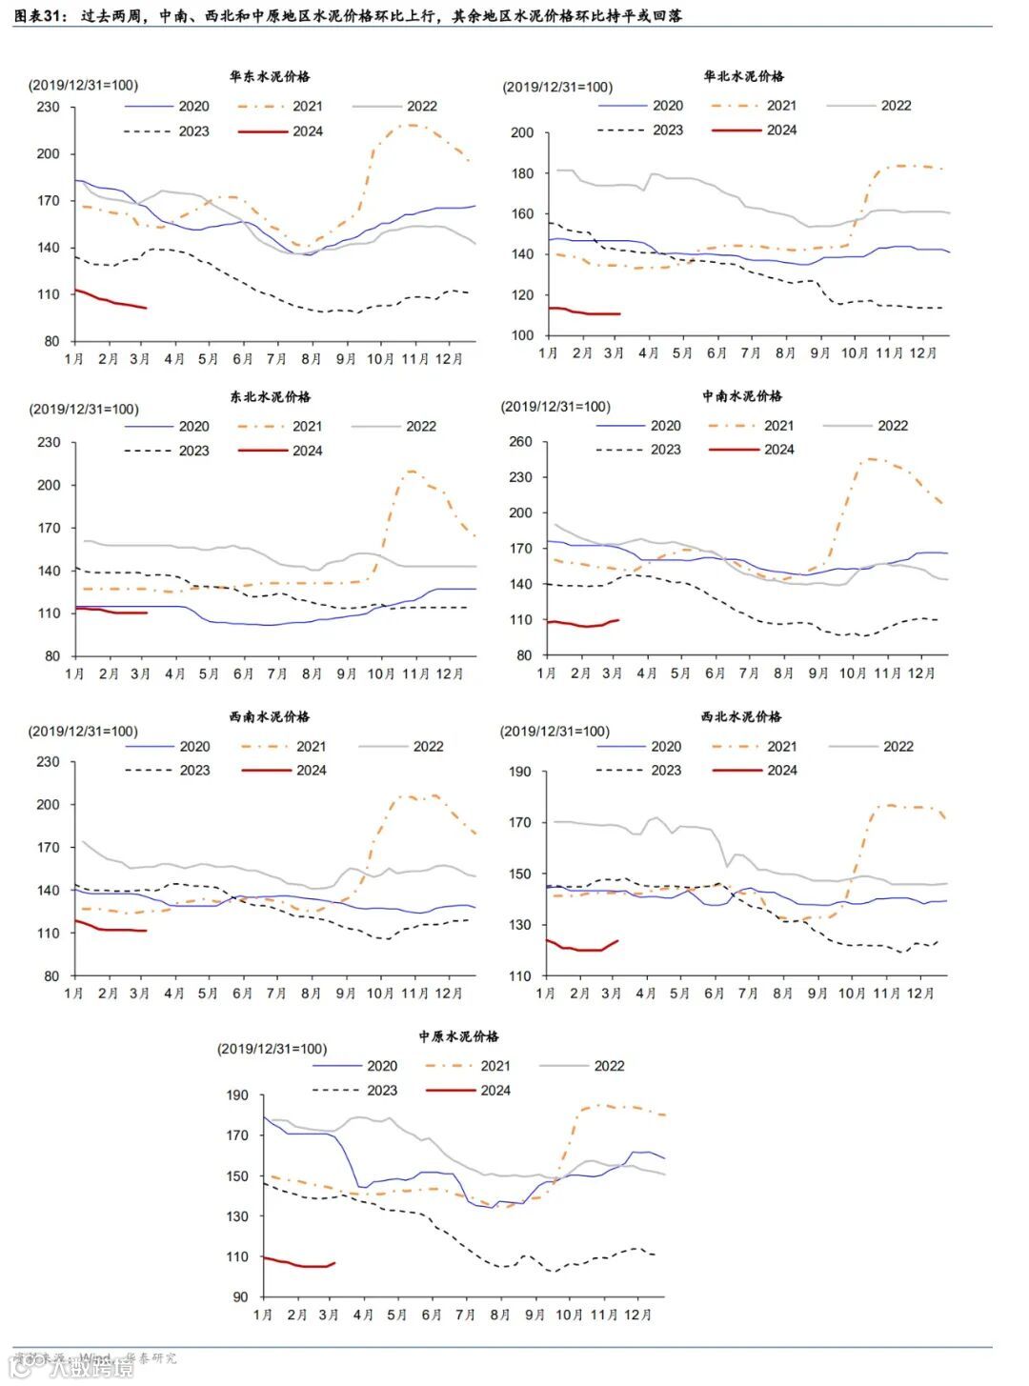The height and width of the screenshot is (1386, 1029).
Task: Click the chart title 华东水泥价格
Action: click(270, 76)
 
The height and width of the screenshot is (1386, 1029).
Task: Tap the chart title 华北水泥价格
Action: click(743, 76)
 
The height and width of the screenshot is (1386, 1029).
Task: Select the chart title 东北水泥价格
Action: click(270, 396)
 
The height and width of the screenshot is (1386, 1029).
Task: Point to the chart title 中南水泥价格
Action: click(741, 395)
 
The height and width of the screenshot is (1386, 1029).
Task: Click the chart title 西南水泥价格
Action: click(270, 716)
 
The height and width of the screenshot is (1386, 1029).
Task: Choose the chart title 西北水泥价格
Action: click(741, 716)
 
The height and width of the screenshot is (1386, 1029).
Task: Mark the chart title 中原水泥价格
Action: click(458, 1035)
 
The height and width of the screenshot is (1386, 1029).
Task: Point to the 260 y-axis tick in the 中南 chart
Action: click(520, 442)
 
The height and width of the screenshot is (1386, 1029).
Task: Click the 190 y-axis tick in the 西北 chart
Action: click(520, 772)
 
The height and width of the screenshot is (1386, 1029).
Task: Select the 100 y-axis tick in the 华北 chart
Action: click(522, 335)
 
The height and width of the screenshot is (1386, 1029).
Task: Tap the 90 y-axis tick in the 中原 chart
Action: click(238, 1296)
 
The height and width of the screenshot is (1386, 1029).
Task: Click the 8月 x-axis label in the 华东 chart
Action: click(312, 359)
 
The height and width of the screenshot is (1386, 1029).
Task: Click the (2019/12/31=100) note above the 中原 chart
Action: click(272, 1049)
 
